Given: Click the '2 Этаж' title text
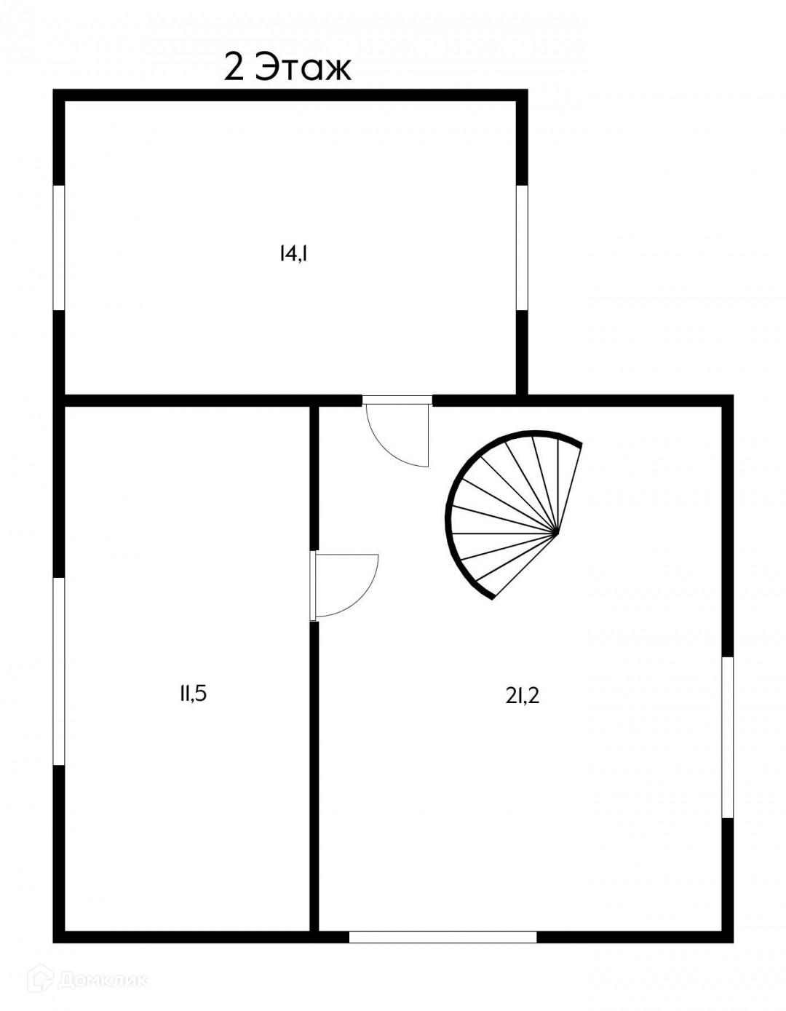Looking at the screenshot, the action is pyautogui.click(x=287, y=68).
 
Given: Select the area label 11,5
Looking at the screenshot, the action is pyautogui.click(x=194, y=694).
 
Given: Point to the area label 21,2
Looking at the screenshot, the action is pyautogui.click(x=523, y=697).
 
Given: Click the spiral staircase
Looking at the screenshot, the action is pyautogui.click(x=509, y=510).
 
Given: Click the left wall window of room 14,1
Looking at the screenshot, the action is pyautogui.click(x=59, y=247).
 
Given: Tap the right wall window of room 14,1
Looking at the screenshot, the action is pyautogui.click(x=521, y=247).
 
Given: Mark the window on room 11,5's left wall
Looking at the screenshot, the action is pyautogui.click(x=59, y=671).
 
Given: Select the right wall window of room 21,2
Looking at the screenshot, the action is pyautogui.click(x=726, y=737).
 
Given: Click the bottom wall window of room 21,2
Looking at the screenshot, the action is pyautogui.click(x=442, y=937).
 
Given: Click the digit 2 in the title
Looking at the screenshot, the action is pyautogui.click(x=234, y=68).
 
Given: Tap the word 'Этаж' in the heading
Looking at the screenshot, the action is pyautogui.click(x=306, y=68).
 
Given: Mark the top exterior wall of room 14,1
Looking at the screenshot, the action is pyautogui.click(x=291, y=95).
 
